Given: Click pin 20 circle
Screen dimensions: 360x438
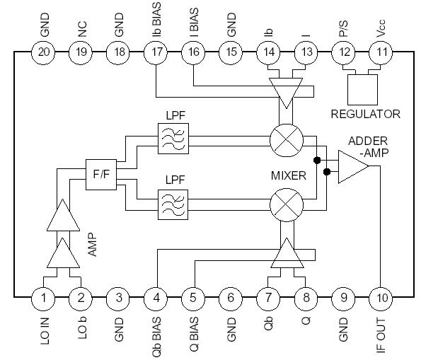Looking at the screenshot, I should (44, 52).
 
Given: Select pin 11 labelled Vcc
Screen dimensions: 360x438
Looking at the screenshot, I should (382, 52).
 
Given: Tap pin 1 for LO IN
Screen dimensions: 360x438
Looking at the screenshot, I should (44, 298).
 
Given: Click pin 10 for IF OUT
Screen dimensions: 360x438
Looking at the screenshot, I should (382, 298).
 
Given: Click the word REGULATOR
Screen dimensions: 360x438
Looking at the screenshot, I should (365, 114).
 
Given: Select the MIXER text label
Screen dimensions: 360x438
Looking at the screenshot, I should (289, 175).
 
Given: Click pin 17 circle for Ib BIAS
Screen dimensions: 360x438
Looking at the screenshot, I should (156, 52).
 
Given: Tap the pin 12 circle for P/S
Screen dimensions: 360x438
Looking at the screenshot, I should (345, 52).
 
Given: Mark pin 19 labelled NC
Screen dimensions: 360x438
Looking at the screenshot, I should (81, 52).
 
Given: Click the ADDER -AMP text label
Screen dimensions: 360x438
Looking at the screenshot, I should (367, 146).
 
